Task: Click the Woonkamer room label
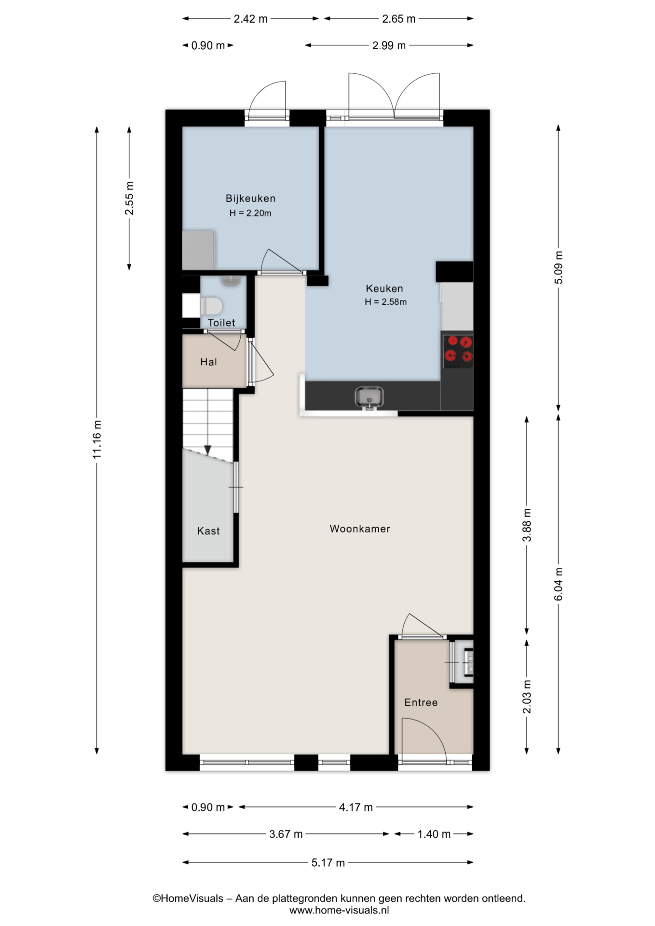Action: coord(360,529)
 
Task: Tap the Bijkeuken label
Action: coord(250,198)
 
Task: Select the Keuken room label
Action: coord(384,288)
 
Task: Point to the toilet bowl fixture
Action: coord(211,306)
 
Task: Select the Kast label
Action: coord(208,531)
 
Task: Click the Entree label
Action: coord(421,703)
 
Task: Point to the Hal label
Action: coord(208,362)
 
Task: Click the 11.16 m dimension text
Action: coord(97,439)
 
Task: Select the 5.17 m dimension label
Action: coord(328,863)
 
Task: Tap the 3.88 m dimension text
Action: coord(527,525)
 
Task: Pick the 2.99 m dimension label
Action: coord(389,46)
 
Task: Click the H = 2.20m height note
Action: coord(250,213)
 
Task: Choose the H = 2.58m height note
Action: coord(385,302)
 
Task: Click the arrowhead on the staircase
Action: coord(208,450)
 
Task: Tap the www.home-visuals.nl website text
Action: coord(339,911)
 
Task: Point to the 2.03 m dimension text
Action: coord(527,696)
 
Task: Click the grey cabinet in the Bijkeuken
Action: coord(198,250)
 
